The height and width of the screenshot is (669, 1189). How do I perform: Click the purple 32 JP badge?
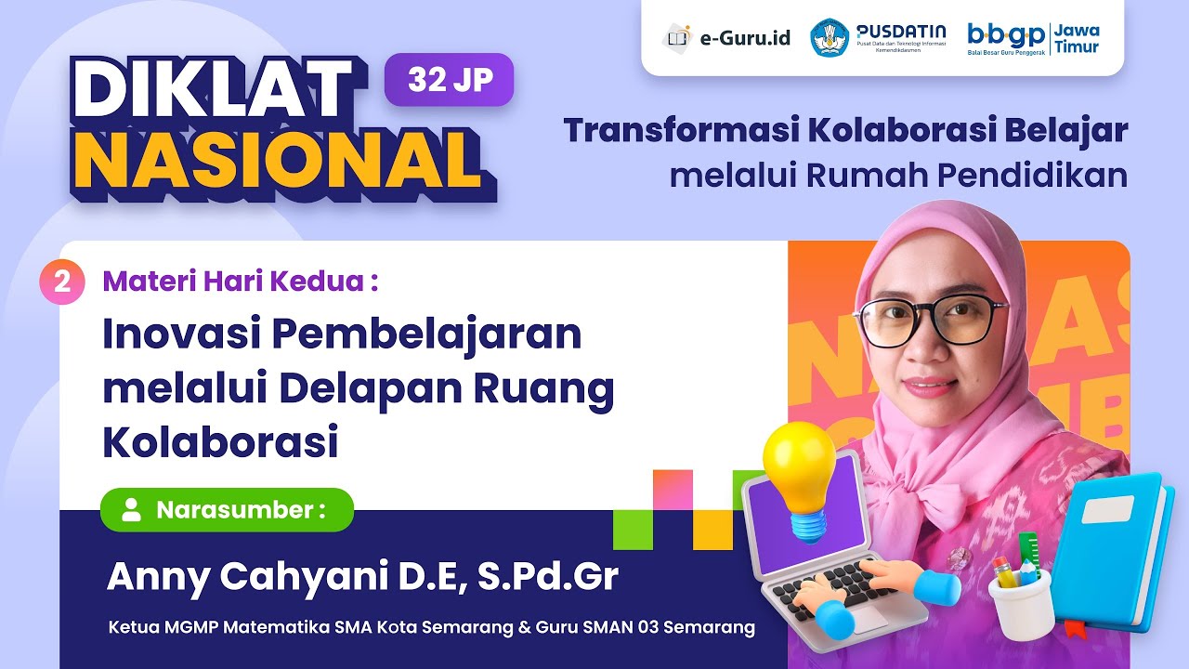click(449, 80)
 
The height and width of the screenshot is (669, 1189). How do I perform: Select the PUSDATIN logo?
click(878, 38)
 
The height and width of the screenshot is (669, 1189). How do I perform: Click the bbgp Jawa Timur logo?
click(1033, 38)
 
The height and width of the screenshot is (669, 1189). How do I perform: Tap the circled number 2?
click(62, 282)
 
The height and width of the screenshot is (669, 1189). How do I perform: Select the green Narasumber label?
click(227, 509)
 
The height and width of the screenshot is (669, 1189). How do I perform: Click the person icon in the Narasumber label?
click(132, 509)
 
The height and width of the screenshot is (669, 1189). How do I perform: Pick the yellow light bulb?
click(798, 474)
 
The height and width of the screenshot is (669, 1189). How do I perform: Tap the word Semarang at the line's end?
click(710, 627)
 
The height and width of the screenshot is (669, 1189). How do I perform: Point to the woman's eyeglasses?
click(929, 321)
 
